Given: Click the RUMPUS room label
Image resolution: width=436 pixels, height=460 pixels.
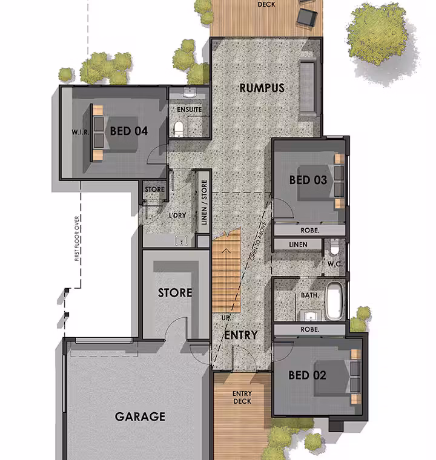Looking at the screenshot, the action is [x=262, y=88].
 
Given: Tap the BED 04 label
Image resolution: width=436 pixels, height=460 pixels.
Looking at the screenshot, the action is [x=128, y=131].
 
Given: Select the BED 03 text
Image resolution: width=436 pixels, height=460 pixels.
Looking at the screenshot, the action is [x=308, y=180].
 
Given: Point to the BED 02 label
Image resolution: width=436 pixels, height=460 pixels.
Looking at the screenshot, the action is [x=307, y=375].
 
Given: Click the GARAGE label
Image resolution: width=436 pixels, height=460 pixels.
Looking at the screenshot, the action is [x=140, y=416].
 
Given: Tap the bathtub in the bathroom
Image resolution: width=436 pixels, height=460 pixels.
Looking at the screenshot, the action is [x=334, y=301].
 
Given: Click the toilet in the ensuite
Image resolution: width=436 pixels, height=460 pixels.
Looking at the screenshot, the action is [x=179, y=129].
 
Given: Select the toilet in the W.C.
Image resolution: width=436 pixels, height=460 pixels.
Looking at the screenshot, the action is [x=334, y=247].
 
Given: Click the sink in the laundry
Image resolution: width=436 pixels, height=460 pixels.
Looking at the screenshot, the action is [x=181, y=240].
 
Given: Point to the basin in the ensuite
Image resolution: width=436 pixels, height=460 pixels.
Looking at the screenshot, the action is [x=190, y=93].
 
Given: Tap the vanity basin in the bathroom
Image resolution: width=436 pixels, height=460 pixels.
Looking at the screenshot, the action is [x=311, y=317].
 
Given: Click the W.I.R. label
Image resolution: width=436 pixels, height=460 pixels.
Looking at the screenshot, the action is [x=80, y=132].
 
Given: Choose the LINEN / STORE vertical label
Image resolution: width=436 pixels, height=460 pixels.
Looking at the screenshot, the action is [x=204, y=202].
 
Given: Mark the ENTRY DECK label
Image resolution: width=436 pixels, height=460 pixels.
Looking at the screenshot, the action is [x=242, y=397].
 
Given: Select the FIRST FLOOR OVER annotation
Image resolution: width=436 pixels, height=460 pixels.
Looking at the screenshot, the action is [x=77, y=238].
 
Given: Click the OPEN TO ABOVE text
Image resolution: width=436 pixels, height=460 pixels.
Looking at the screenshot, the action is [x=258, y=241].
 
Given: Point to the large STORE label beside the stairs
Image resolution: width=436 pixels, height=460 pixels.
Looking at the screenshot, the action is [x=175, y=292].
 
